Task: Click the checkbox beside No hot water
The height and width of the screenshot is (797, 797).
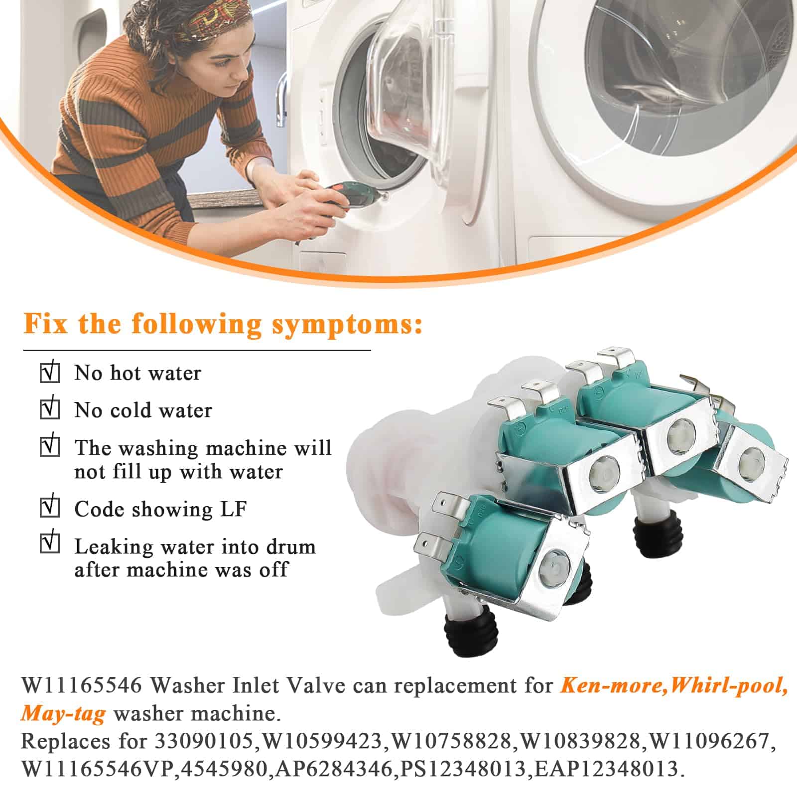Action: [50, 373]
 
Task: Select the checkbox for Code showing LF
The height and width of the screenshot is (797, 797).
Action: [50, 508]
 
